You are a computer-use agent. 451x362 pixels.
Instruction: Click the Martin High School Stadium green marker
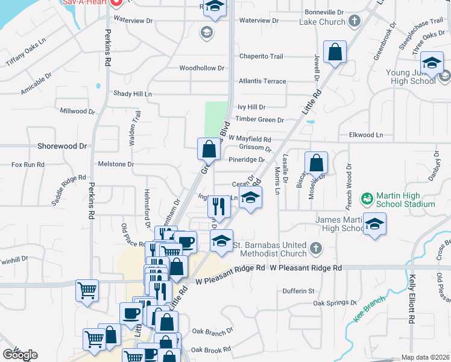pos(367,198)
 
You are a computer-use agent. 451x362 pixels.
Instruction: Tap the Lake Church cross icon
pos(355,21)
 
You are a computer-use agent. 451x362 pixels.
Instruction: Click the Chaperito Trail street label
pos(261,56)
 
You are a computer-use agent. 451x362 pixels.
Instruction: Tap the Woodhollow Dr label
pos(201,68)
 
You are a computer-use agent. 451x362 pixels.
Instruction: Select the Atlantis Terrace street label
pos(262,80)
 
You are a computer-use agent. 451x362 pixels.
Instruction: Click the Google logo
pos(19,354)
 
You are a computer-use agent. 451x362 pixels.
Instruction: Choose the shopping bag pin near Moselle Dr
pos(316,162)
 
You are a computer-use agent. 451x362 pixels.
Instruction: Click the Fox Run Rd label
pos(28,164)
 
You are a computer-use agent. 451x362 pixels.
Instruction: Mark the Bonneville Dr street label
pos(319,12)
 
